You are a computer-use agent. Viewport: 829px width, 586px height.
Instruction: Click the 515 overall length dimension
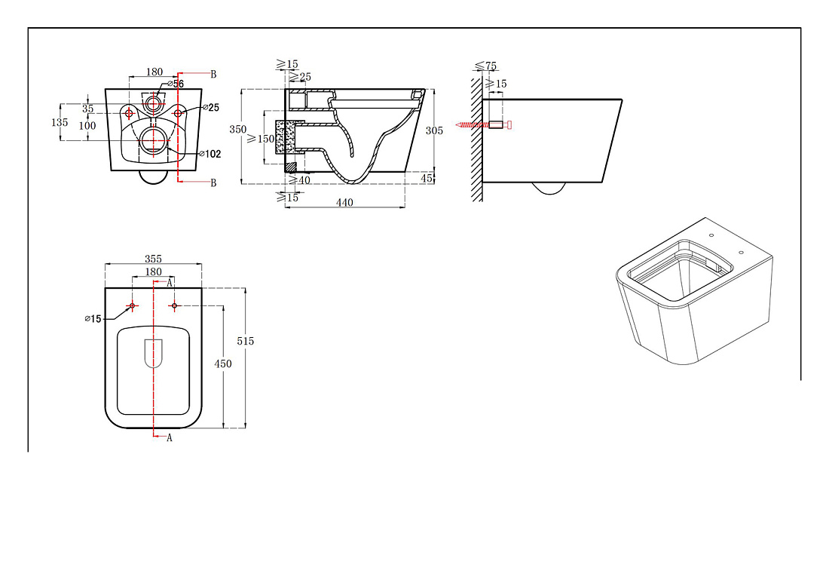(246, 341)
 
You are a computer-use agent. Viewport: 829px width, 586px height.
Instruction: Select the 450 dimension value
(222, 364)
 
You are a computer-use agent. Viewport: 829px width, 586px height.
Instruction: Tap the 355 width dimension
(153, 259)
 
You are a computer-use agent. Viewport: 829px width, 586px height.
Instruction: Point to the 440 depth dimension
(344, 203)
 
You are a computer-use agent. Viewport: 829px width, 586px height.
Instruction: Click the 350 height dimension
(237, 130)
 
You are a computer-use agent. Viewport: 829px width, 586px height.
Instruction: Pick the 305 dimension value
(434, 130)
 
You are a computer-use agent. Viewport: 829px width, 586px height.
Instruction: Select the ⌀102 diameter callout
(210, 154)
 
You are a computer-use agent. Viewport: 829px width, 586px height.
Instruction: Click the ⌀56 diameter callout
(176, 84)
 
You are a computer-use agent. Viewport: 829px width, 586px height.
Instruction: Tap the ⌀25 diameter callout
(210, 107)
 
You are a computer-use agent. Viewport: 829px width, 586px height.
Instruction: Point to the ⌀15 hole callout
(93, 319)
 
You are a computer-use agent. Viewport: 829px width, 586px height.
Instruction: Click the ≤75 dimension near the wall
(486, 66)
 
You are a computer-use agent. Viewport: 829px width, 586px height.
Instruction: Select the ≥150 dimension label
(261, 139)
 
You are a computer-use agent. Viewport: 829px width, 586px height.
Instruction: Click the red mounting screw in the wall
(483, 124)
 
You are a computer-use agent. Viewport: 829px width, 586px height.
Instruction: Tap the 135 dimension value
(60, 122)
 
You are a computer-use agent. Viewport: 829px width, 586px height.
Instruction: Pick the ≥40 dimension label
(299, 180)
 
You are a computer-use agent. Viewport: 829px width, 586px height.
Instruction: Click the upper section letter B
(213, 74)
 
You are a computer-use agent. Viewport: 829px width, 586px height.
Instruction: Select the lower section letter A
(169, 438)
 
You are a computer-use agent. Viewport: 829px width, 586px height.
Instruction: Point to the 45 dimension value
(427, 179)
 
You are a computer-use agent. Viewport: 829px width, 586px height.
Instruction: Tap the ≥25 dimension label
(300, 77)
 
